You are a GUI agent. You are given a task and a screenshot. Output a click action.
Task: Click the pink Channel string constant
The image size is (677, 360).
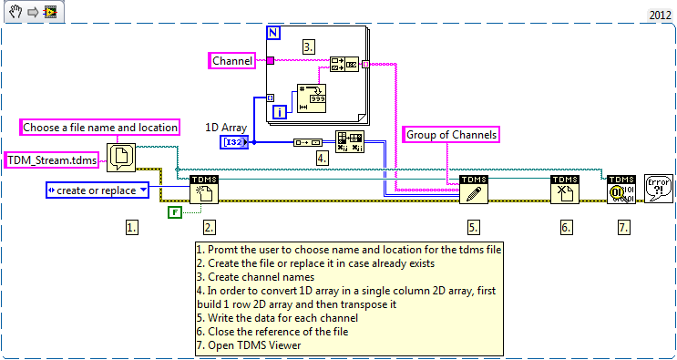point(232,61)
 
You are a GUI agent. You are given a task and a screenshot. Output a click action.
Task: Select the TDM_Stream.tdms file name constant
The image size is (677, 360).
point(54,160)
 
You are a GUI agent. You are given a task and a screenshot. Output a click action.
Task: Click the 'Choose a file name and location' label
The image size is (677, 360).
point(99,128)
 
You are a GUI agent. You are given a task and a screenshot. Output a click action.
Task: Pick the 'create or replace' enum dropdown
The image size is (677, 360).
point(97,190)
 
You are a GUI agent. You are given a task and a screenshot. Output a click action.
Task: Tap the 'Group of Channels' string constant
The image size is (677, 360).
point(451,135)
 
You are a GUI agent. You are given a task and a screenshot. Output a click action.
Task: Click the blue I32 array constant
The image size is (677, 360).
point(233,142)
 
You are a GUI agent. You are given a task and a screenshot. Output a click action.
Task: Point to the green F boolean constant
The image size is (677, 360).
point(176,213)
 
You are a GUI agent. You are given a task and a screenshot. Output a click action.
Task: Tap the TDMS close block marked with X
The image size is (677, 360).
point(563,190)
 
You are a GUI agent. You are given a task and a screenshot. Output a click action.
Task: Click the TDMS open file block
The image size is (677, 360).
point(203,190)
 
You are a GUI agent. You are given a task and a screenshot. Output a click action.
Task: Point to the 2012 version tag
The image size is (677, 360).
point(660,15)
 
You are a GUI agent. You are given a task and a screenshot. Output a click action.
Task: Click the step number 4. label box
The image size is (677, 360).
point(322,157)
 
